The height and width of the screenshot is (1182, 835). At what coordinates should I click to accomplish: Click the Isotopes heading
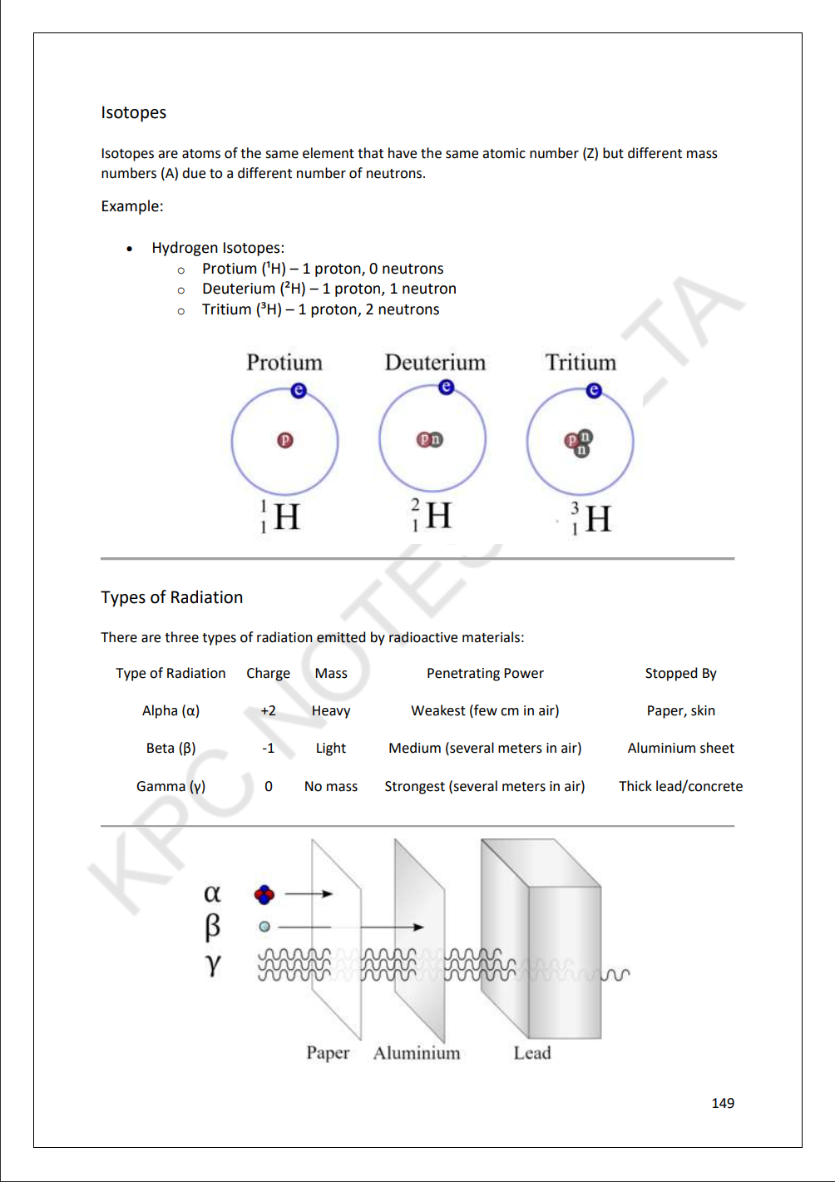point(133,112)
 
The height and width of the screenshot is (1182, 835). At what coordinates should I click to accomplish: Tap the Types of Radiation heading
point(171,597)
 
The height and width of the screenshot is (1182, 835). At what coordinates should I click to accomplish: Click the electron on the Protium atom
point(299,390)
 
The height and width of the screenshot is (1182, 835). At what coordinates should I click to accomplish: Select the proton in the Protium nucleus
point(285,440)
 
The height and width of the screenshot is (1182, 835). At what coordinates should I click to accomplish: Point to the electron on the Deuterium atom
point(447,387)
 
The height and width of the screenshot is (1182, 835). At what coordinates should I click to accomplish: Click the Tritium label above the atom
point(581,363)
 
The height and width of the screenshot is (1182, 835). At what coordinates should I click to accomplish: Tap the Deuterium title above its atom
point(435,363)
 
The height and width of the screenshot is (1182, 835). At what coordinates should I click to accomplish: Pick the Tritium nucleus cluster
point(579,443)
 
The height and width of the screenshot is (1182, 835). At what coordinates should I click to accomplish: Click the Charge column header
point(268,673)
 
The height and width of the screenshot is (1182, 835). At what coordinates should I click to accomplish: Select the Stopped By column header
point(680,673)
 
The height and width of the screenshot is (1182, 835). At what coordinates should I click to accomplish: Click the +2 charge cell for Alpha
point(268,710)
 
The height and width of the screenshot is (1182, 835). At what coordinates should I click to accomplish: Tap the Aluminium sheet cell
point(680,748)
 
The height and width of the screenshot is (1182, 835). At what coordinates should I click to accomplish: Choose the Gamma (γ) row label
point(170,786)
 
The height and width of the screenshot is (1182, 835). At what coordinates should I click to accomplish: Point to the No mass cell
point(331,786)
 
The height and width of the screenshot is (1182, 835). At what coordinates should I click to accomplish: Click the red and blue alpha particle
point(264,894)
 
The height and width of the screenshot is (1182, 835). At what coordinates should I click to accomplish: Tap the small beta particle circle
point(264,926)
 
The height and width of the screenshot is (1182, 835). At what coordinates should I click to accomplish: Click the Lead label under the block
point(532,1053)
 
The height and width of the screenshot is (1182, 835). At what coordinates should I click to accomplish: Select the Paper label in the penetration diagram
point(328,1053)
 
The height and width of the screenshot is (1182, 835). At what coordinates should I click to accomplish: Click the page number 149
point(723,1103)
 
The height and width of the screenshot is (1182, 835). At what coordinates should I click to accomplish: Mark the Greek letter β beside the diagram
point(213,926)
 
